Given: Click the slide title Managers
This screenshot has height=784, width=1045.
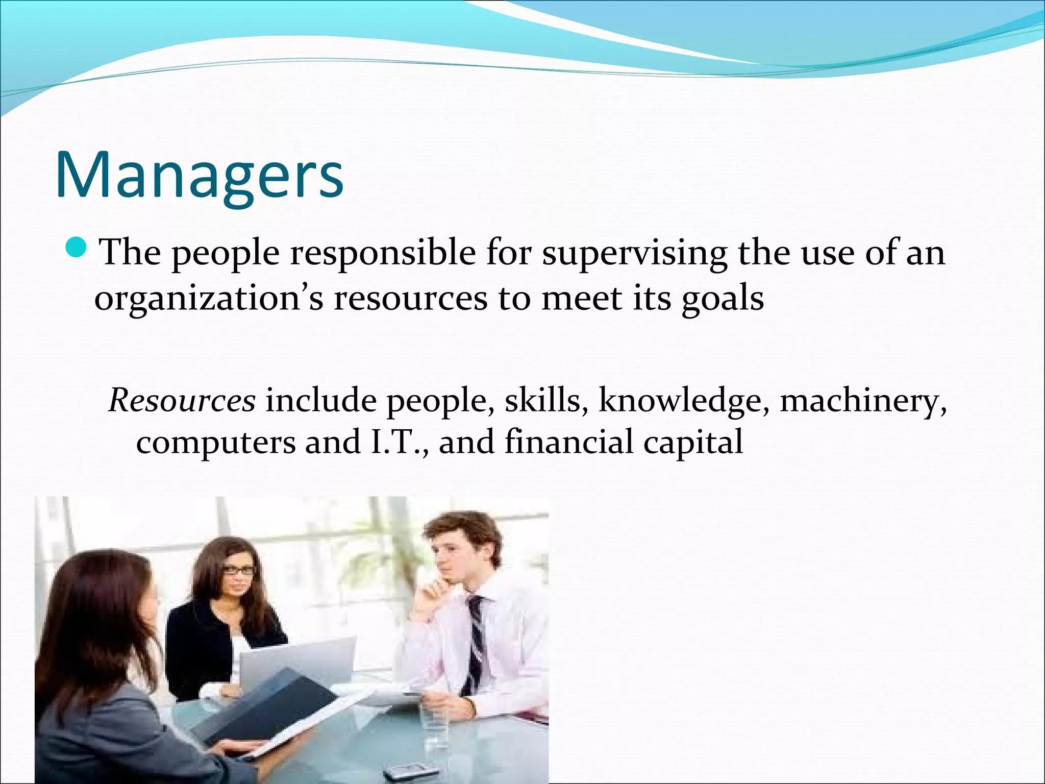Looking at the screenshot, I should pyautogui.click(x=199, y=175).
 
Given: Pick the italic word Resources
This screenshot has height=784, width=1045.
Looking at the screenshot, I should pyautogui.click(x=182, y=400).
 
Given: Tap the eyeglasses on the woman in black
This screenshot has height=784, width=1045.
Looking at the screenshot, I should pyautogui.click(x=239, y=571).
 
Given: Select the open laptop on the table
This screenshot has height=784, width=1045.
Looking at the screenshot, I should pyautogui.click(x=296, y=664).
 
